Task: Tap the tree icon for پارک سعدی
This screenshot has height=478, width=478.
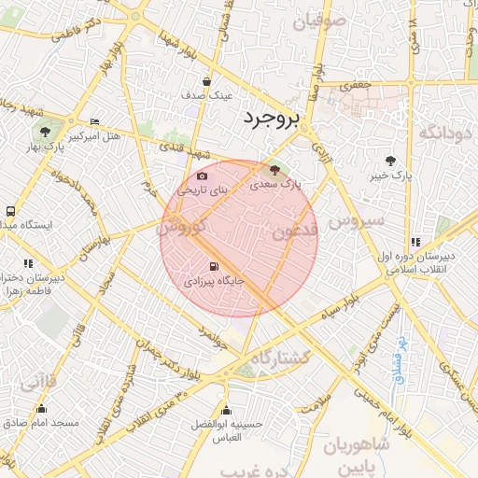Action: tap(274, 170)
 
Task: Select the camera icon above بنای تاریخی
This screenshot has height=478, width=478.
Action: tap(203, 176)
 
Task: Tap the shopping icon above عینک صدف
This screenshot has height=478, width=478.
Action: tap(205, 81)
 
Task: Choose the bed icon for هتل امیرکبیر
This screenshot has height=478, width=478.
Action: tap(94, 122)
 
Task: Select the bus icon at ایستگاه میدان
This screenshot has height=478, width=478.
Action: tap(10, 211)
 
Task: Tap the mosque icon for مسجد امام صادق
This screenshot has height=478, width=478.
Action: tap(40, 408)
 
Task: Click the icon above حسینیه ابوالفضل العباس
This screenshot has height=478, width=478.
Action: tap(225, 411)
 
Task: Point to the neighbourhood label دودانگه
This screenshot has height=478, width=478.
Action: tap(442, 133)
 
